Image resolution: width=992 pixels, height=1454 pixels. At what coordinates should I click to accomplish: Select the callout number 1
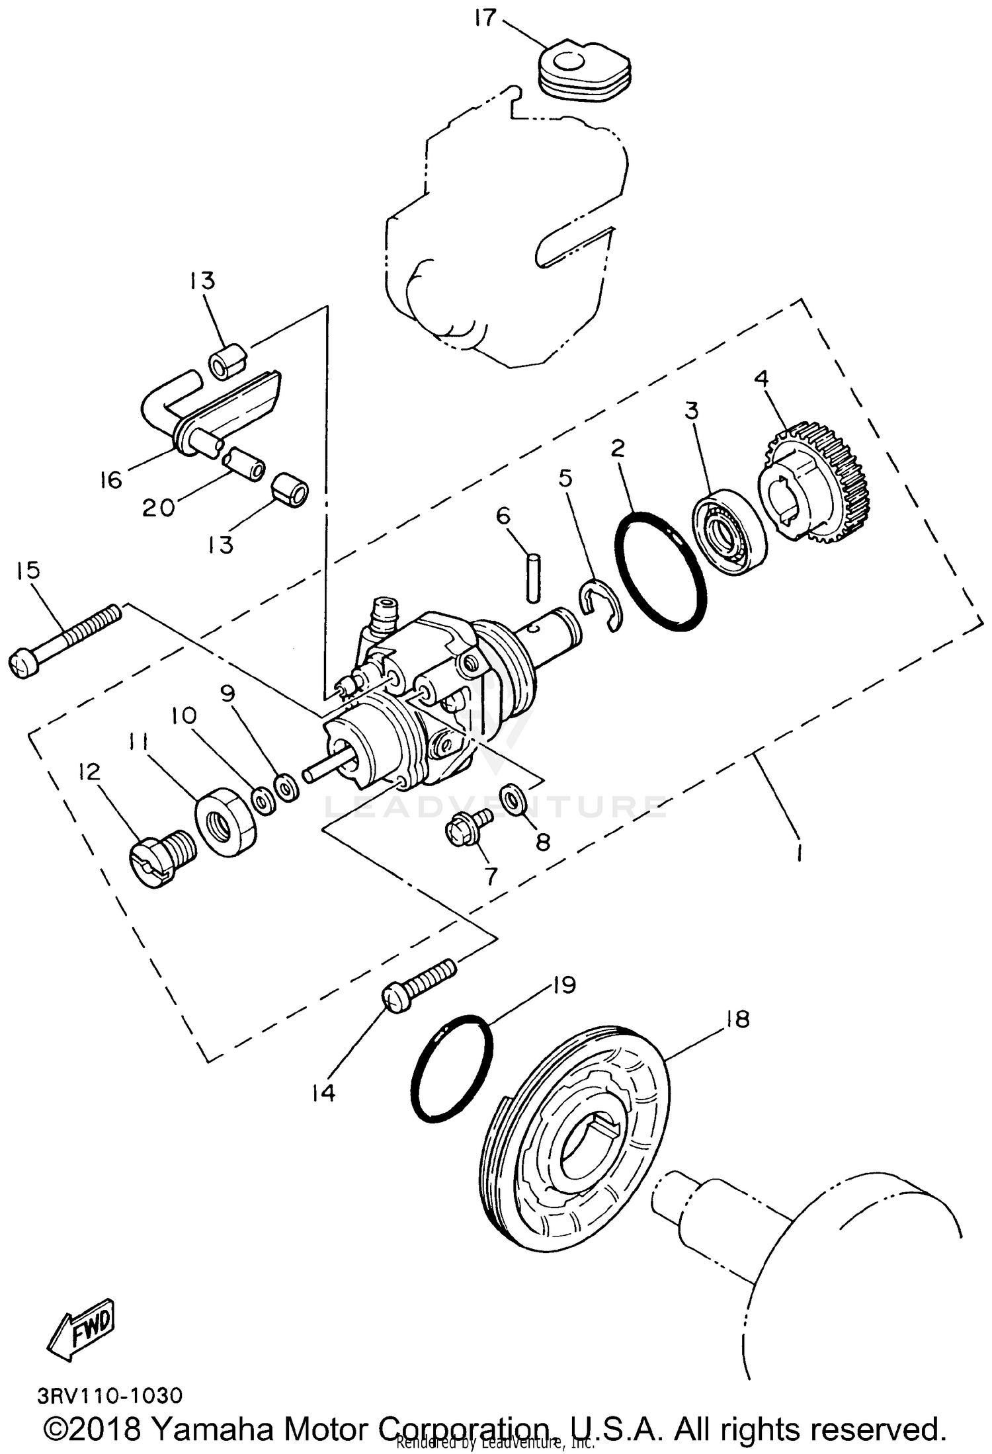click(x=799, y=854)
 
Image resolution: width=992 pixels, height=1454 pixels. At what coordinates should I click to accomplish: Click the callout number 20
click(x=159, y=507)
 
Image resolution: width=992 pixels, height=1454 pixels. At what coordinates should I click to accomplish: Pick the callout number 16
click(x=110, y=479)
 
